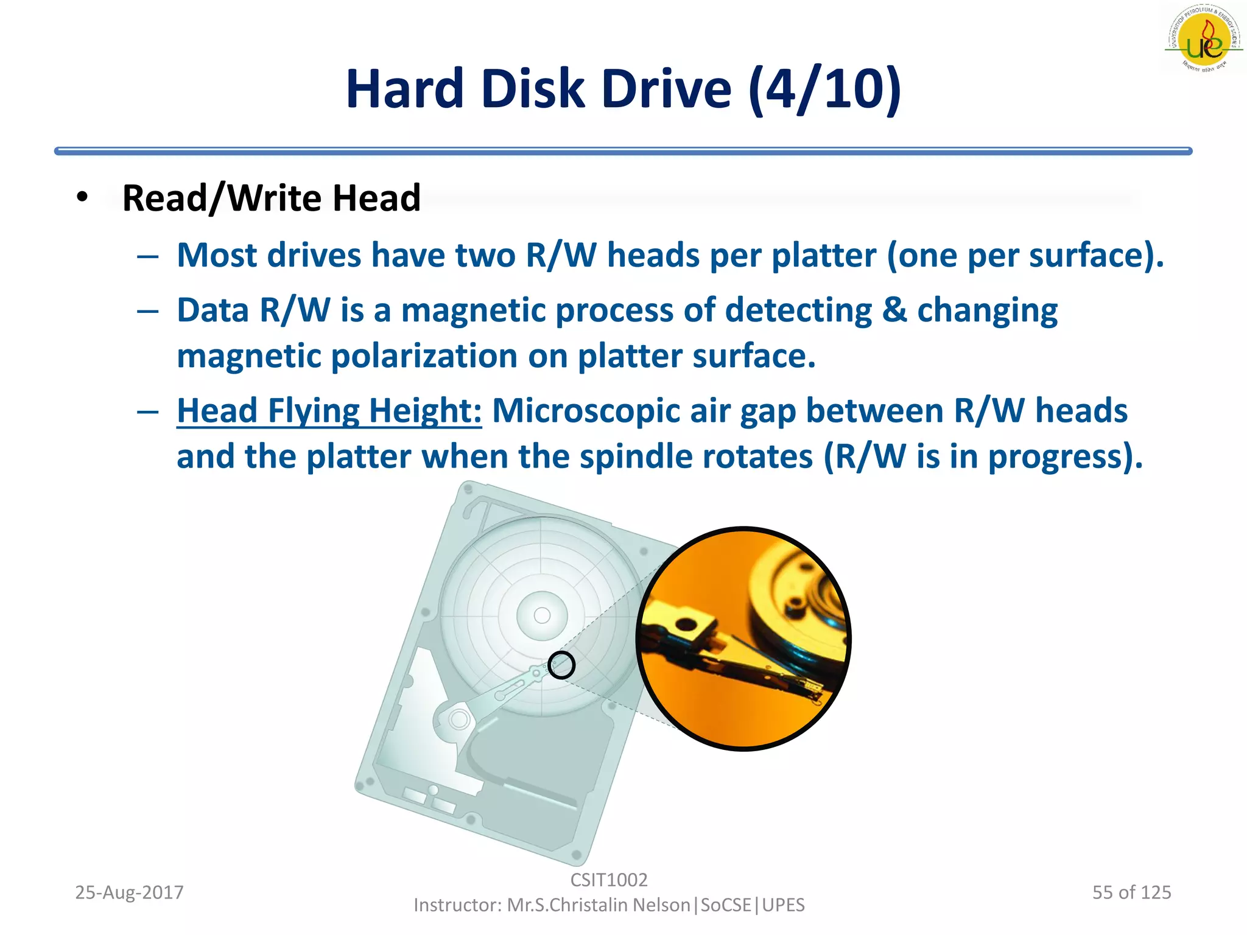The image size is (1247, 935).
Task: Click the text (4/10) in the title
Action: coord(824,89)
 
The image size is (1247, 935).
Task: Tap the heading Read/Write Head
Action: coord(271,198)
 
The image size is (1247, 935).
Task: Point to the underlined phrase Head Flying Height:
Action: coord(329,411)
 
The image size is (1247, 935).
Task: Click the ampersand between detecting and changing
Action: coord(894,310)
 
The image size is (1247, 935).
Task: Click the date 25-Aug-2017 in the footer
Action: coord(129,892)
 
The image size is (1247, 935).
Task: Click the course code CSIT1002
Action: coord(608,880)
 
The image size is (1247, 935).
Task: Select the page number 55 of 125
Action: coord(1131,892)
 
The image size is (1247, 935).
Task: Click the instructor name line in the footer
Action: coord(608,905)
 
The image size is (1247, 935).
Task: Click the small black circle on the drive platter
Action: coord(561,665)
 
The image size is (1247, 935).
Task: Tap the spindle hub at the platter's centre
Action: coord(542,615)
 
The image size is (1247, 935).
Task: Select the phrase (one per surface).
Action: coord(1025,255)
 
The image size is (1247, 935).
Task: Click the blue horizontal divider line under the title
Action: coord(623,151)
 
